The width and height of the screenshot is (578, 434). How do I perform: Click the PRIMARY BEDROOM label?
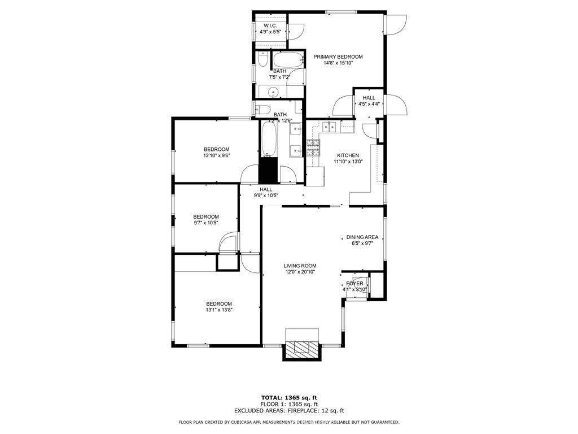pyautogui.click(x=338, y=57)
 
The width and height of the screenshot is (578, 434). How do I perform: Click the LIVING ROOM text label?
pyautogui.click(x=300, y=266)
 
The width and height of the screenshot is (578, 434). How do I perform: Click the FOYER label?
pyautogui.click(x=355, y=283)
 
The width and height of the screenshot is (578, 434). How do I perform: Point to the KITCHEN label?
pyautogui.click(x=348, y=155)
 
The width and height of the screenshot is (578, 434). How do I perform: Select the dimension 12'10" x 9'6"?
pyautogui.click(x=217, y=155)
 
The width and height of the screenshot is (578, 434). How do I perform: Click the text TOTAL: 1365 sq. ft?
pyautogui.click(x=288, y=397)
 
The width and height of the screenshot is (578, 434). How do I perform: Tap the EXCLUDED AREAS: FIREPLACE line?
pyautogui.click(x=288, y=411)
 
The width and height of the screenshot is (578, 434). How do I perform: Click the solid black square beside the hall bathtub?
pyautogui.click(x=269, y=170)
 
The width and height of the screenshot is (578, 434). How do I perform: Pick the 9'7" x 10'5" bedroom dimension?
pyautogui.click(x=206, y=223)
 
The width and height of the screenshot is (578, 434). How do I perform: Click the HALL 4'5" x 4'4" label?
pyautogui.click(x=369, y=101)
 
